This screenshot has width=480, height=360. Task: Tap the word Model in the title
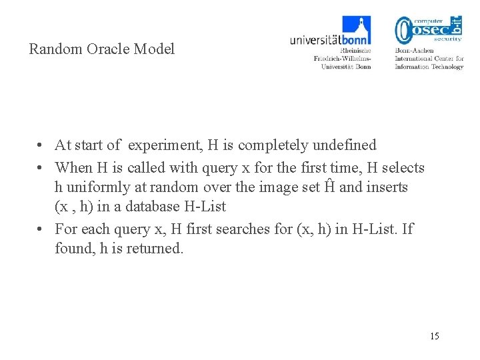(x=154, y=49)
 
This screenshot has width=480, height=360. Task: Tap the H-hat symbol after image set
(x=328, y=187)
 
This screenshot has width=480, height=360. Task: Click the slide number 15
(x=435, y=335)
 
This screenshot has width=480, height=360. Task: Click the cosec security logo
(x=428, y=30)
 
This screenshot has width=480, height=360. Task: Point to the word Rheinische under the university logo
(x=355, y=51)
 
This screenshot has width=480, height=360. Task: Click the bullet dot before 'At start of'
(x=41, y=145)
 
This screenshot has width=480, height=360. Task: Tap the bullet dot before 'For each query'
(x=41, y=229)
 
